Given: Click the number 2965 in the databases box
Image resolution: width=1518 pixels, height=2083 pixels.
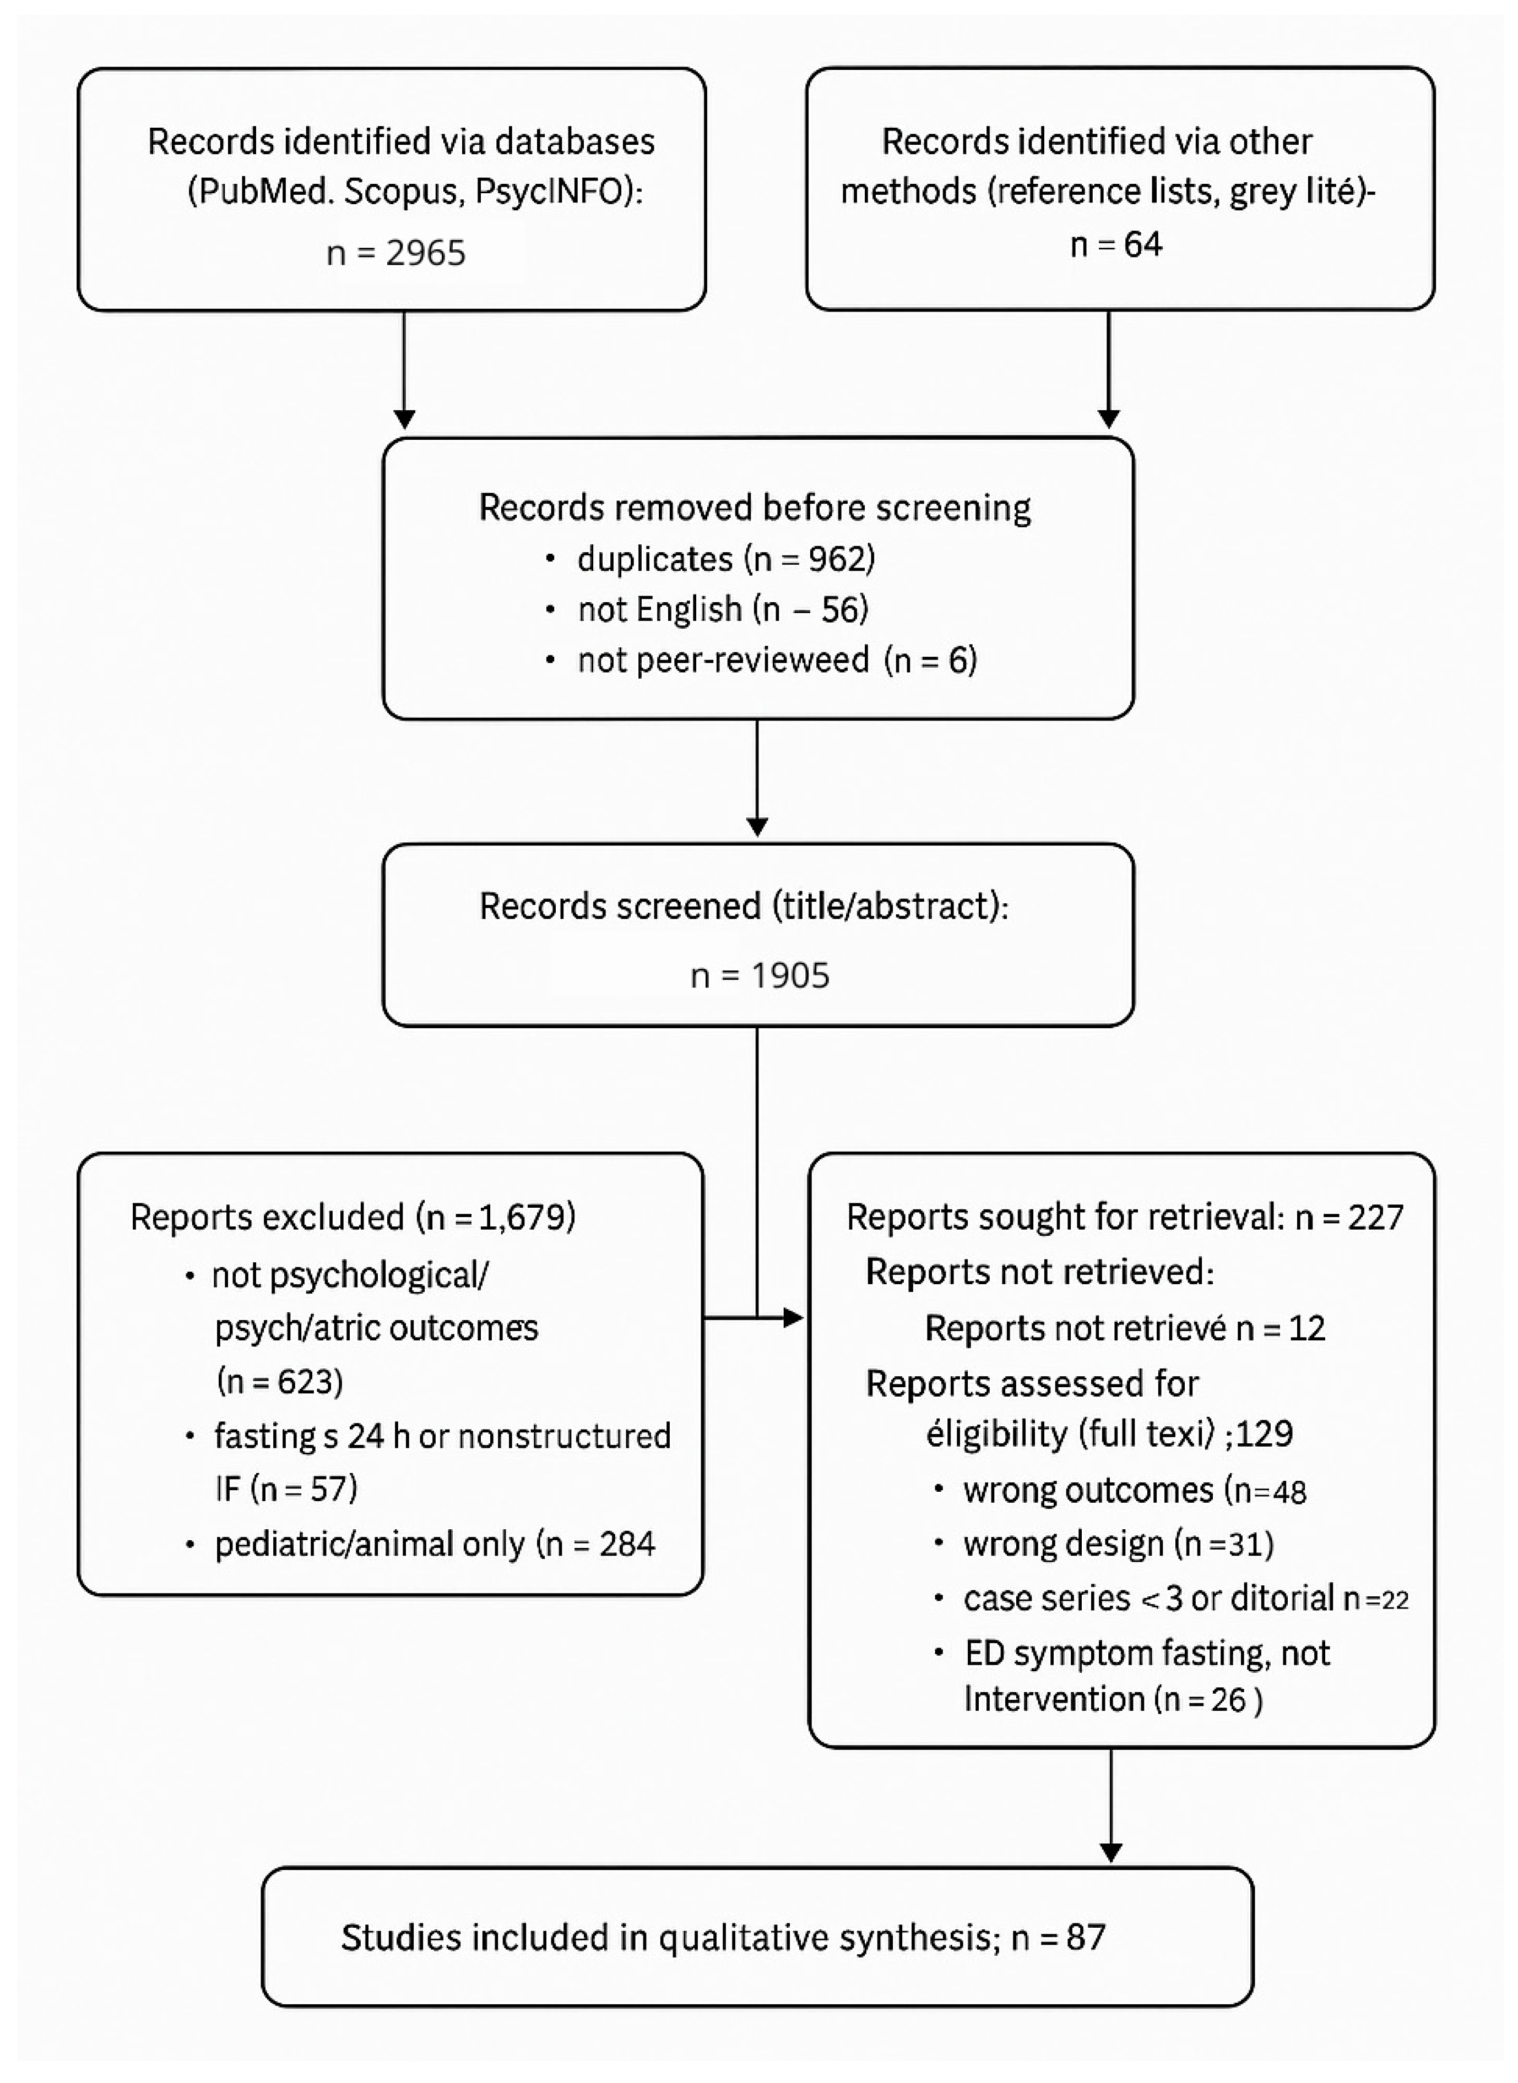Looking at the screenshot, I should click(x=425, y=253).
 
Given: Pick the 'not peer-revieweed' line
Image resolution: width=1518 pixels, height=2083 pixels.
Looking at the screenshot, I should click(x=777, y=659).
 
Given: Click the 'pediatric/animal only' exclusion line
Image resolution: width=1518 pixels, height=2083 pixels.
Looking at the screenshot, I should click(x=433, y=1544).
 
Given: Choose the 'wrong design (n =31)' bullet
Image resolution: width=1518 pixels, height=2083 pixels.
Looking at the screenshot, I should click(x=1118, y=1544).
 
